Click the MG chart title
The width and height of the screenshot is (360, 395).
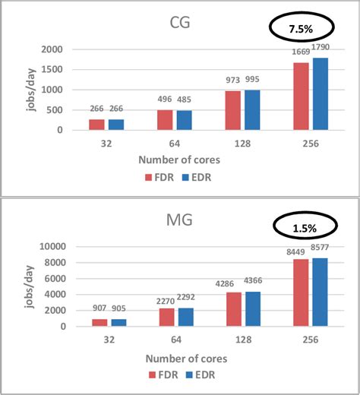click(179, 223)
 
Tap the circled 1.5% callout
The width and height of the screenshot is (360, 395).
click(305, 227)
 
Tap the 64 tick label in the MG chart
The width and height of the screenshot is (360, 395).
click(175, 339)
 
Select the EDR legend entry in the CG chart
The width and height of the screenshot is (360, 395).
click(195, 178)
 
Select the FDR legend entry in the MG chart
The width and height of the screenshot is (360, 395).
click(157, 375)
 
